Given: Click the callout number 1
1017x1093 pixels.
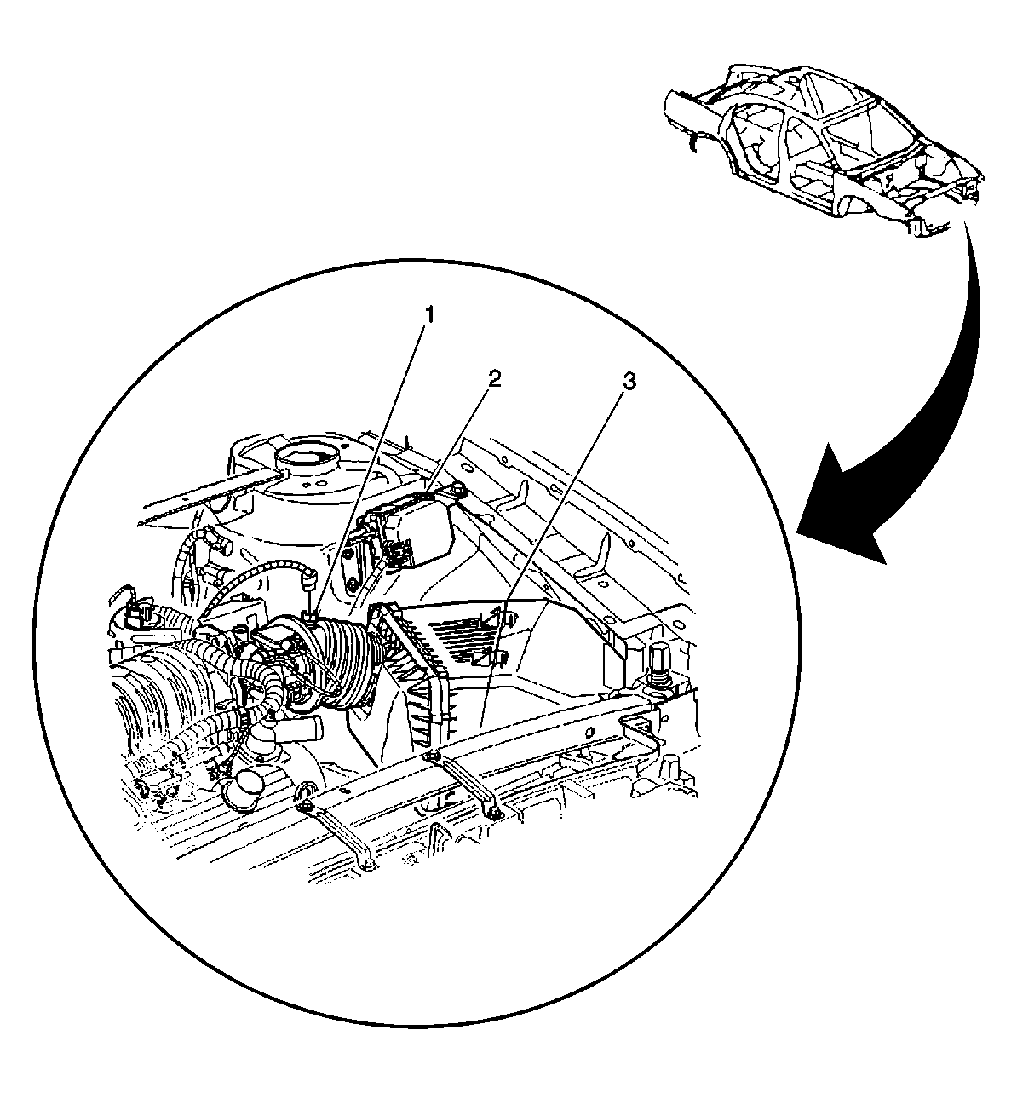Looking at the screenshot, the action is point(428,315).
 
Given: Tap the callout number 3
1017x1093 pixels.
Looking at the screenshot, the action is point(629,381).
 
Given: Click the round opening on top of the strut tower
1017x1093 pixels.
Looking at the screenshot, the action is point(306,456).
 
